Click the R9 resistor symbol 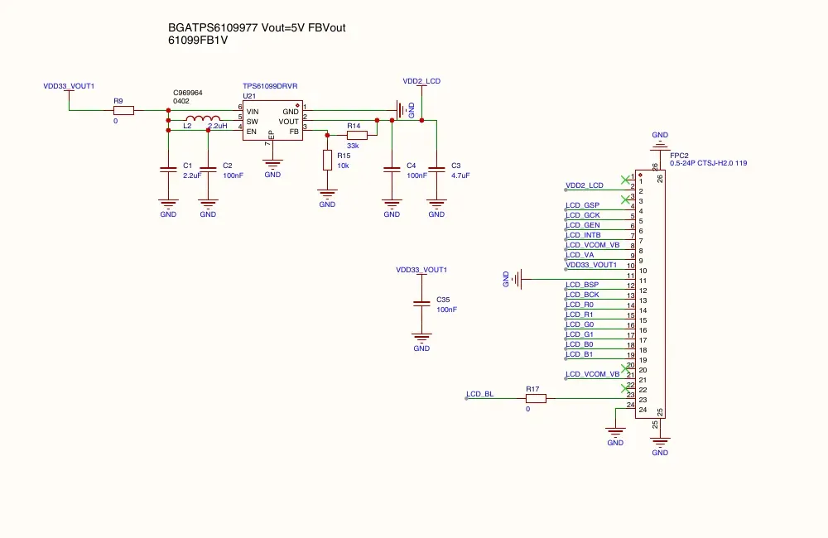tap(123, 110)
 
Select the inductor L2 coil tap(204, 118)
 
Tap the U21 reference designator tap(249, 96)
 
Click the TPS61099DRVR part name tap(270, 86)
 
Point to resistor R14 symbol tap(357, 135)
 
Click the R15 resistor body tap(327, 160)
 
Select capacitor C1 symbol tap(168, 170)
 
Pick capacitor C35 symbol tap(421, 304)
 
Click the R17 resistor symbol tap(536, 399)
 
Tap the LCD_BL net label tap(480, 394)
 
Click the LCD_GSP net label tap(582, 205)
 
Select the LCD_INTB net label tap(583, 235)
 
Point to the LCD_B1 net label tap(580, 354)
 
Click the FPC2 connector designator tap(679, 156)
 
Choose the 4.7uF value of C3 tap(460, 175)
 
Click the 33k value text tap(353, 146)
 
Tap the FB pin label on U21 tap(294, 132)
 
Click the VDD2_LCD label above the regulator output tap(421, 81)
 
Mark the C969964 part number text tap(187, 93)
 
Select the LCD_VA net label tap(580, 255)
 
